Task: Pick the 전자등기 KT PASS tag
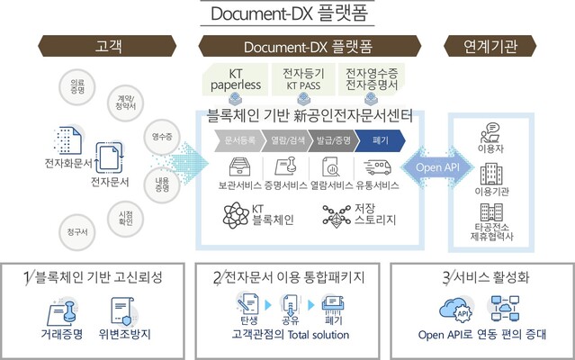pyautogui.click(x=304, y=80)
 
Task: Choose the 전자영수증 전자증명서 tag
pyautogui.click(x=372, y=80)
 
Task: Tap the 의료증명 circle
pyautogui.click(x=78, y=85)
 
